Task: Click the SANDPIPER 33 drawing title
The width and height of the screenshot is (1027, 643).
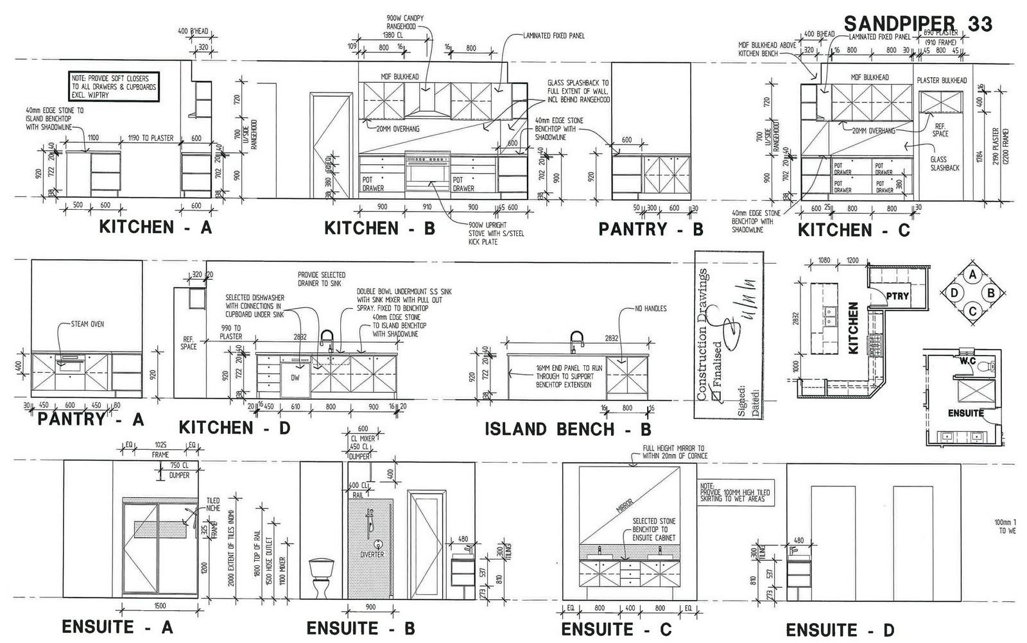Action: pyautogui.click(x=918, y=24)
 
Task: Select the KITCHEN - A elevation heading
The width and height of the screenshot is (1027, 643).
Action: pyautogui.click(x=155, y=227)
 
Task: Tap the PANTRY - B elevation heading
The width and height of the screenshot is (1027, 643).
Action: pyautogui.click(x=651, y=229)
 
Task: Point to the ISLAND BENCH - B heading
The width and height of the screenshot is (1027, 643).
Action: pyautogui.click(x=567, y=429)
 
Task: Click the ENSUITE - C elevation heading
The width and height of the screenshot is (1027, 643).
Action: pyautogui.click(x=616, y=630)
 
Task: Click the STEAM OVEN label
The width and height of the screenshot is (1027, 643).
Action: pyautogui.click(x=88, y=324)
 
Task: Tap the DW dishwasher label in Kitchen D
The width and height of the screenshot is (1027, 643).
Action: pyautogui.click(x=295, y=378)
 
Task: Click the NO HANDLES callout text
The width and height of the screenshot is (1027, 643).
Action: pyautogui.click(x=650, y=309)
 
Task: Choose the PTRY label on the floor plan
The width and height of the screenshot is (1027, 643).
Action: pyautogui.click(x=897, y=296)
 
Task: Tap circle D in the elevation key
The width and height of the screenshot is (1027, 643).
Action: pyautogui.click(x=954, y=293)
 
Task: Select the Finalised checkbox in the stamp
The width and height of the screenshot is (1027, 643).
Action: pyautogui.click(x=716, y=397)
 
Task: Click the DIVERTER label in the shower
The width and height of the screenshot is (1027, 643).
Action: pyautogui.click(x=372, y=554)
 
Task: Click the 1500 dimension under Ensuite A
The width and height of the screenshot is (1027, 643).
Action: pyautogui.click(x=160, y=606)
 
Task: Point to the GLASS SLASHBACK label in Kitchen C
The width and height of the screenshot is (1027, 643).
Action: pyautogui.click(x=944, y=164)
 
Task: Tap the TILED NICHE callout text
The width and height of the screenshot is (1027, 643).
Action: pyautogui.click(x=212, y=504)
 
